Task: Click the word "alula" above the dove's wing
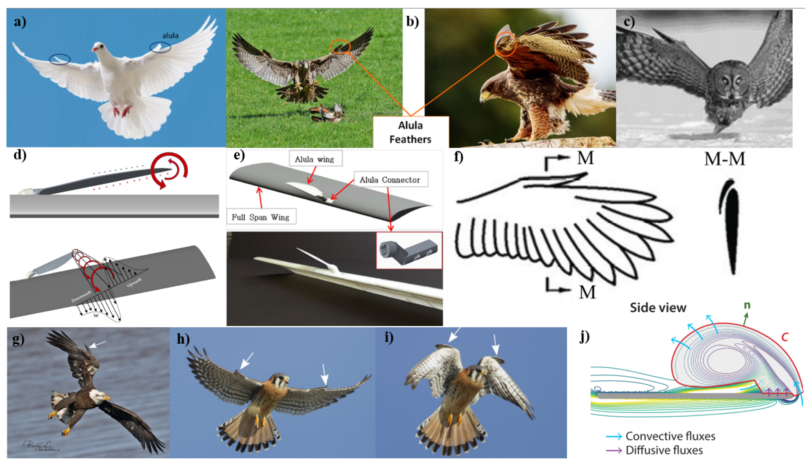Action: pos(170,36)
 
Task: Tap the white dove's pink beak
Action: pos(94,49)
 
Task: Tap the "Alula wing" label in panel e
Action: pos(315,159)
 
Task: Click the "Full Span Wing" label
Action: pos(260,217)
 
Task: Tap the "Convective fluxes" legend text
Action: pos(670,436)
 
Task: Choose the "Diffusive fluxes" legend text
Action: pos(664,450)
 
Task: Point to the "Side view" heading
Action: pos(658,308)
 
